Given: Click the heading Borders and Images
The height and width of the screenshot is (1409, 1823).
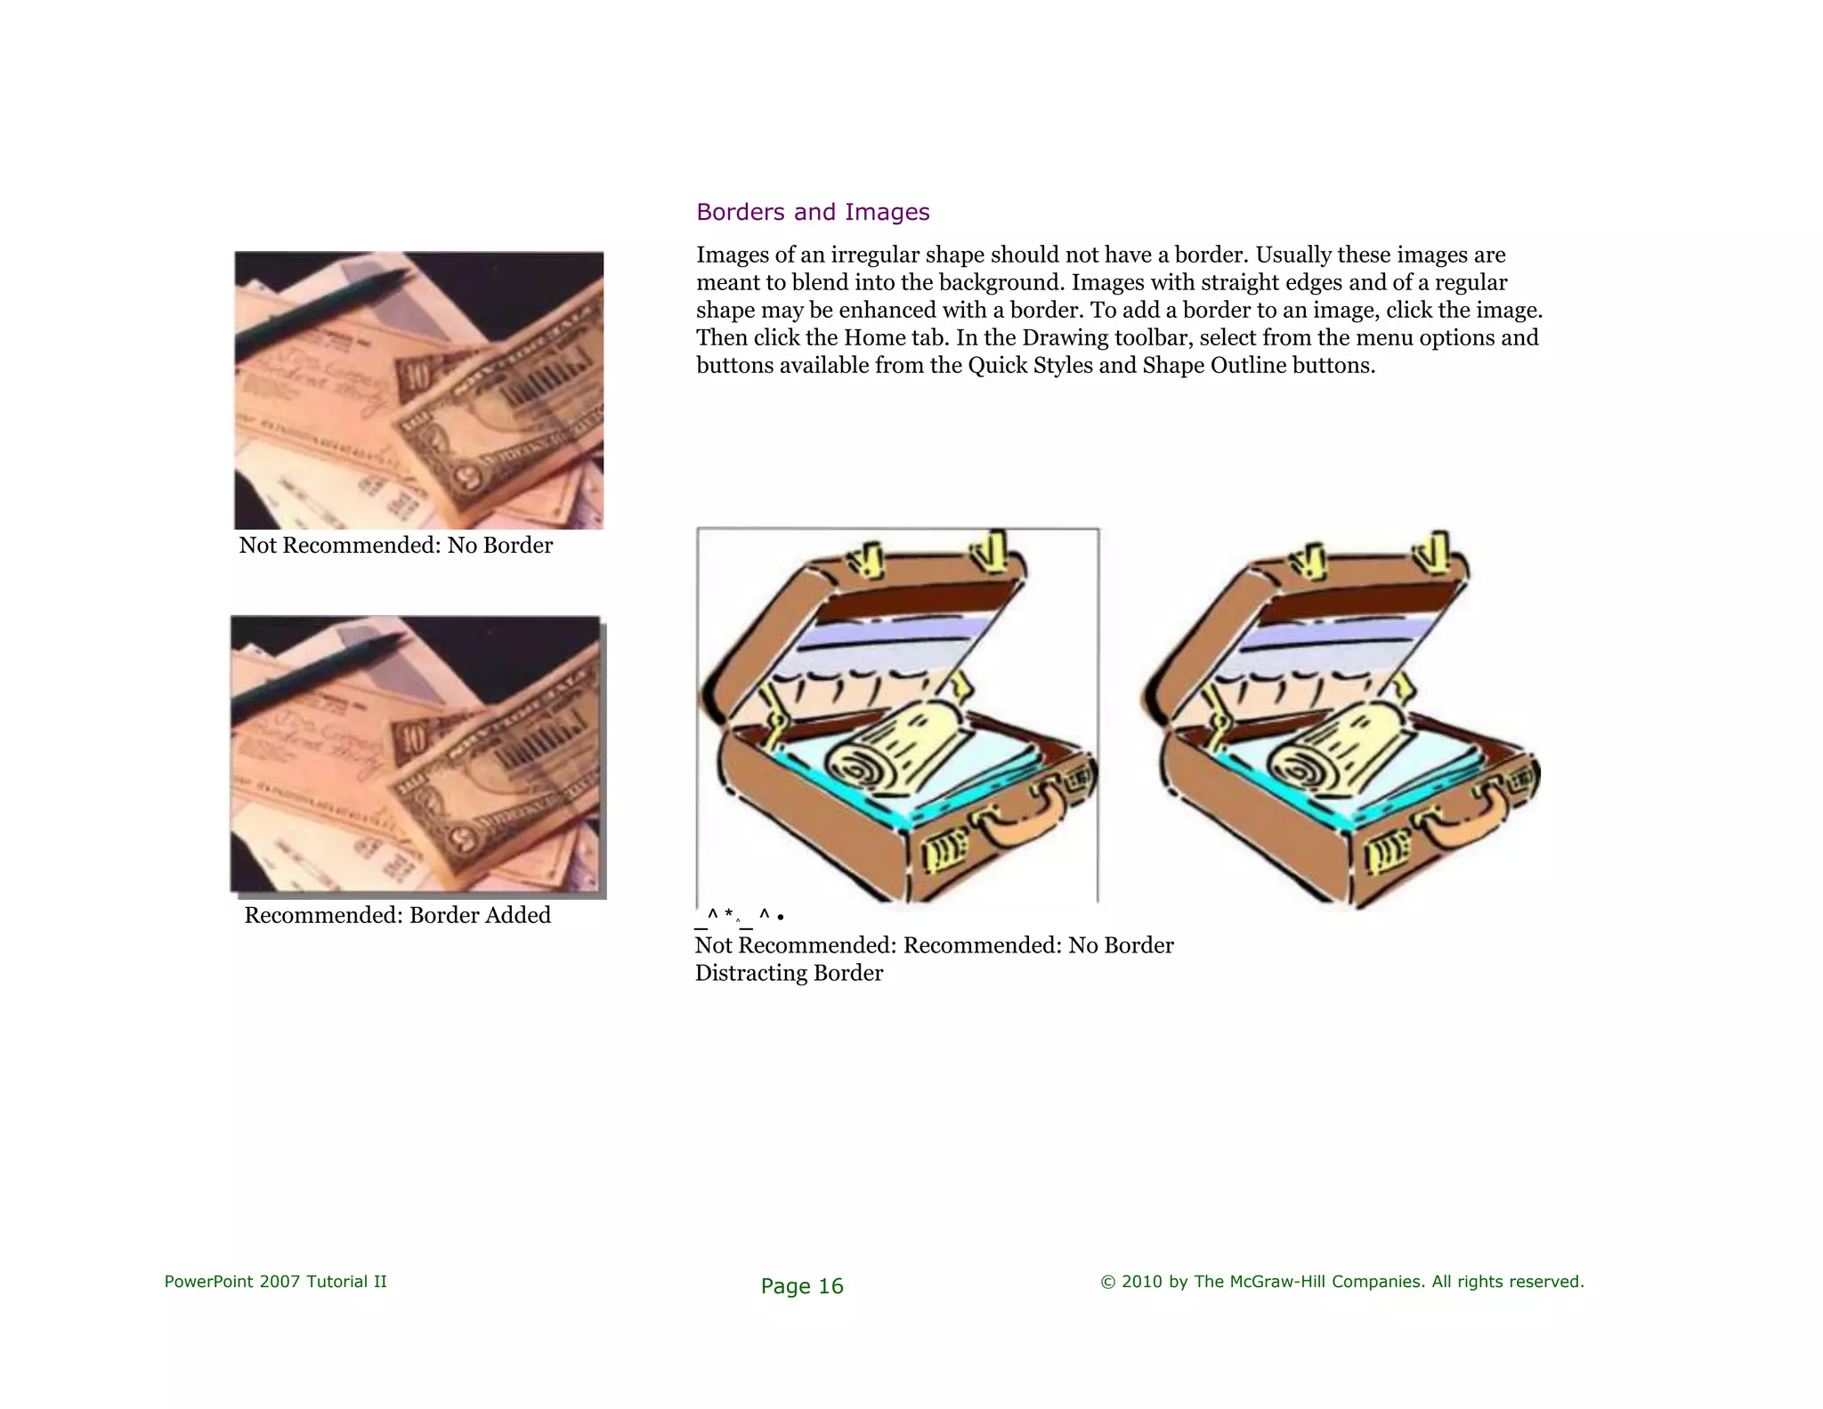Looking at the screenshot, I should pyautogui.click(x=812, y=212).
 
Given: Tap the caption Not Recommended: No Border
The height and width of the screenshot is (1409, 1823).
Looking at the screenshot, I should pyautogui.click(x=395, y=545).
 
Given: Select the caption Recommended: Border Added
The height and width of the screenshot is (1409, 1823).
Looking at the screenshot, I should pyautogui.click(x=397, y=915).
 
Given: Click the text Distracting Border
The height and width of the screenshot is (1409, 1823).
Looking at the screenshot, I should pyautogui.click(x=789, y=973).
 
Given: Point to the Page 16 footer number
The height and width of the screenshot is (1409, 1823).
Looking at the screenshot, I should pyautogui.click(x=801, y=1286).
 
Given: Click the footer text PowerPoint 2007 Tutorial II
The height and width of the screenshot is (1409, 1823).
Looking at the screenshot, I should pyautogui.click(x=275, y=1282).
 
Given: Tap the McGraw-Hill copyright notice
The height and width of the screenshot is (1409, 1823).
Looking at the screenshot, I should pyautogui.click(x=1341, y=1282).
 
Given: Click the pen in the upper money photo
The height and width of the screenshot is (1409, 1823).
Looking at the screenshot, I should pyautogui.click(x=320, y=312).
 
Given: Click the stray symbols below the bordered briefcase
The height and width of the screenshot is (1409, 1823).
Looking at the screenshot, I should pyautogui.click(x=739, y=916).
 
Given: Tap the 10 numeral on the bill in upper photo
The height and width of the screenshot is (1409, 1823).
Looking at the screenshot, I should pyautogui.click(x=415, y=377).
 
